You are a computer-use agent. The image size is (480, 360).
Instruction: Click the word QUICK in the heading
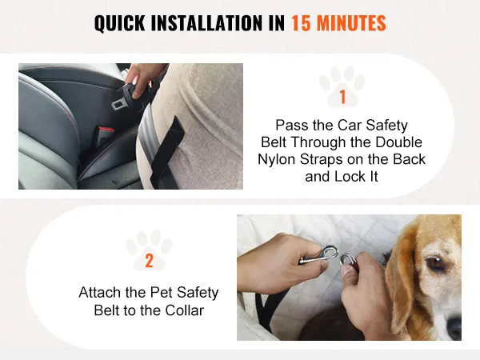[x=120, y=23]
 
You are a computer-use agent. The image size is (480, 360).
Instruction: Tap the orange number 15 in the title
[x=301, y=23]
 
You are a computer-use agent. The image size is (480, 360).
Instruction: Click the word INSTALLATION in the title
[x=207, y=23]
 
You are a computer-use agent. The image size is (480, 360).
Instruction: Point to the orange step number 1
[x=342, y=97]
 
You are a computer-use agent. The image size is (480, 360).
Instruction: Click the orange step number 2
[x=149, y=261]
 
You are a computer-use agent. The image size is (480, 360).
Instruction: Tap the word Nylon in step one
[x=277, y=160]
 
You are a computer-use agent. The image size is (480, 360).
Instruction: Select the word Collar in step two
[x=185, y=310]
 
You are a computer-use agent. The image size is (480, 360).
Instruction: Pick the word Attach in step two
[x=99, y=292]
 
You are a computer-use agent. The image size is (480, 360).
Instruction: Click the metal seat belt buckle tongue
[x=118, y=104]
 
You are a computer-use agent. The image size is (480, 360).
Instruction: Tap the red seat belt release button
[x=105, y=132]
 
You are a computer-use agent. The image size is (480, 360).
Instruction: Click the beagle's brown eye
[x=435, y=264]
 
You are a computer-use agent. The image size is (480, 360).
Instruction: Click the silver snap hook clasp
[x=319, y=257]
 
